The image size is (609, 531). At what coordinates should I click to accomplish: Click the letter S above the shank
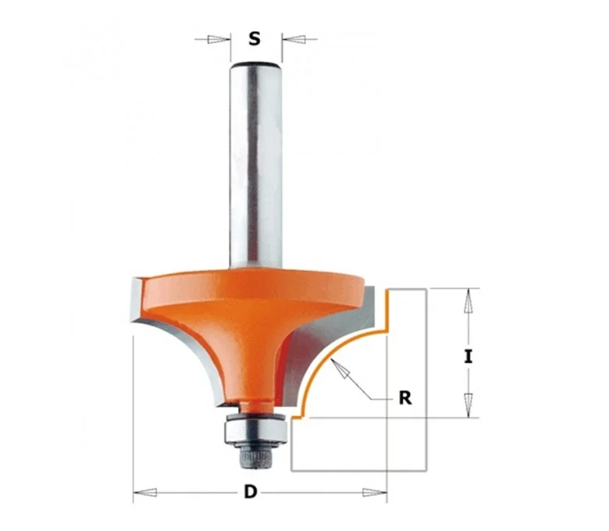(255, 39)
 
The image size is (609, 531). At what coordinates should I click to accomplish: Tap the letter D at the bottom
(251, 492)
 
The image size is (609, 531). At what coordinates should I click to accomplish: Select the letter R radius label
(405, 397)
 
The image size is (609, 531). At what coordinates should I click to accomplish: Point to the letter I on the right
(468, 357)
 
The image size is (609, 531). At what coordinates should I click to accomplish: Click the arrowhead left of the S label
(218, 39)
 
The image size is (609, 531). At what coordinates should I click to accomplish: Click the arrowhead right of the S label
(294, 39)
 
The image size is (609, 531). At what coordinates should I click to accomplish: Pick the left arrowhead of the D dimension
(145, 493)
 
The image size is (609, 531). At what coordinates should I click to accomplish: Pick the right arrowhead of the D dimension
(375, 493)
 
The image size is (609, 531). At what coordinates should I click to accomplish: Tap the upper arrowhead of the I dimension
(468, 301)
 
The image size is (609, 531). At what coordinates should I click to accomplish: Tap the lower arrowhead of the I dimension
(468, 405)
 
